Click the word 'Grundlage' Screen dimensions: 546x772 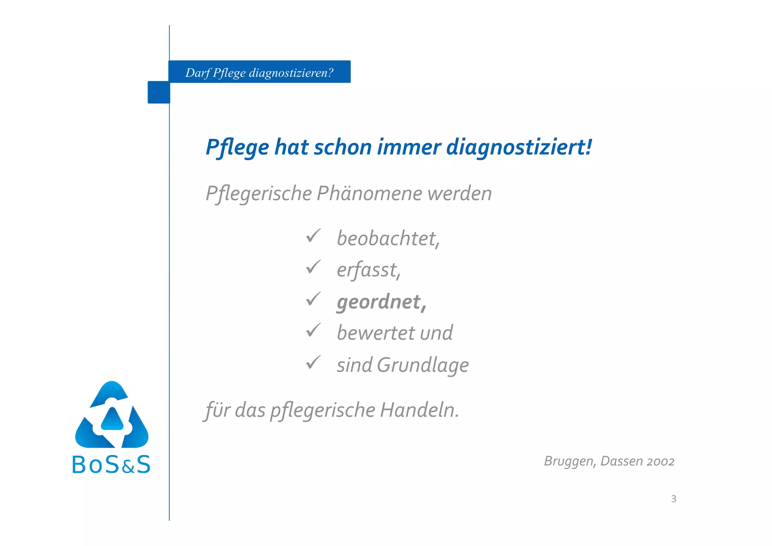(423, 365)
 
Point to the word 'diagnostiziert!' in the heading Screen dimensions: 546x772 (519, 147)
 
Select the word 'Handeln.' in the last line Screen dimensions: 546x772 (420, 410)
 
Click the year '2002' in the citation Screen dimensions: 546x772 (660, 461)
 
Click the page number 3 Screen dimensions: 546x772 (674, 499)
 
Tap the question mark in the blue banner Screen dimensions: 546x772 (330, 72)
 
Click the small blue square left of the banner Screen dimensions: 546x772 (159, 92)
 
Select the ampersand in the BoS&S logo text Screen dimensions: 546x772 (128, 468)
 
